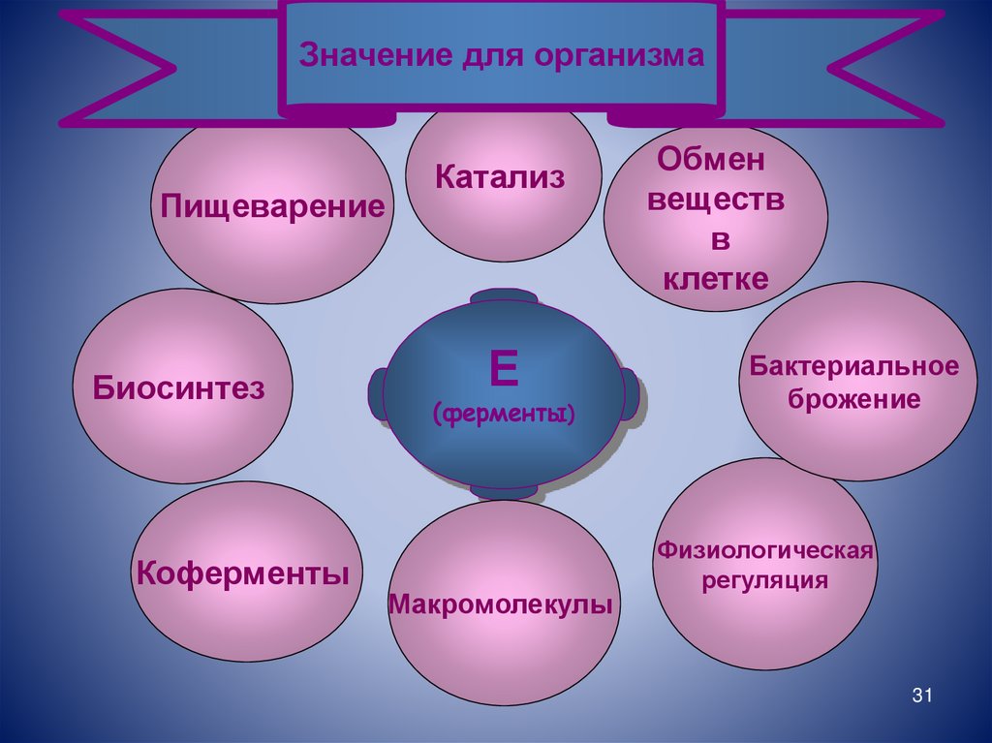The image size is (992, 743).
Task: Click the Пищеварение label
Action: [272, 206]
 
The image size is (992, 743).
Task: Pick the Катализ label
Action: [500, 176]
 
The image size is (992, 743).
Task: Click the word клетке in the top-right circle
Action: [716, 279]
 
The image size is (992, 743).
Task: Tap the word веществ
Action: [716, 201]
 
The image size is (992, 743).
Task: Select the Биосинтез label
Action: [179, 388]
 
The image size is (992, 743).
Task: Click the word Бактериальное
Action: [853, 367]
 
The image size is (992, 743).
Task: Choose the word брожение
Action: [853, 399]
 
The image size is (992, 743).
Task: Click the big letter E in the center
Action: [504, 369]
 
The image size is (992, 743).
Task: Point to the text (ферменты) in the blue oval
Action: [504, 415]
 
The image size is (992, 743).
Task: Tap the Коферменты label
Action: [242, 572]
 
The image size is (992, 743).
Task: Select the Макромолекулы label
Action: [501, 605]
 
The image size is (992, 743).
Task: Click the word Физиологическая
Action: [765, 550]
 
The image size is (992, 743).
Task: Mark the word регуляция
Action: [765, 580]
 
